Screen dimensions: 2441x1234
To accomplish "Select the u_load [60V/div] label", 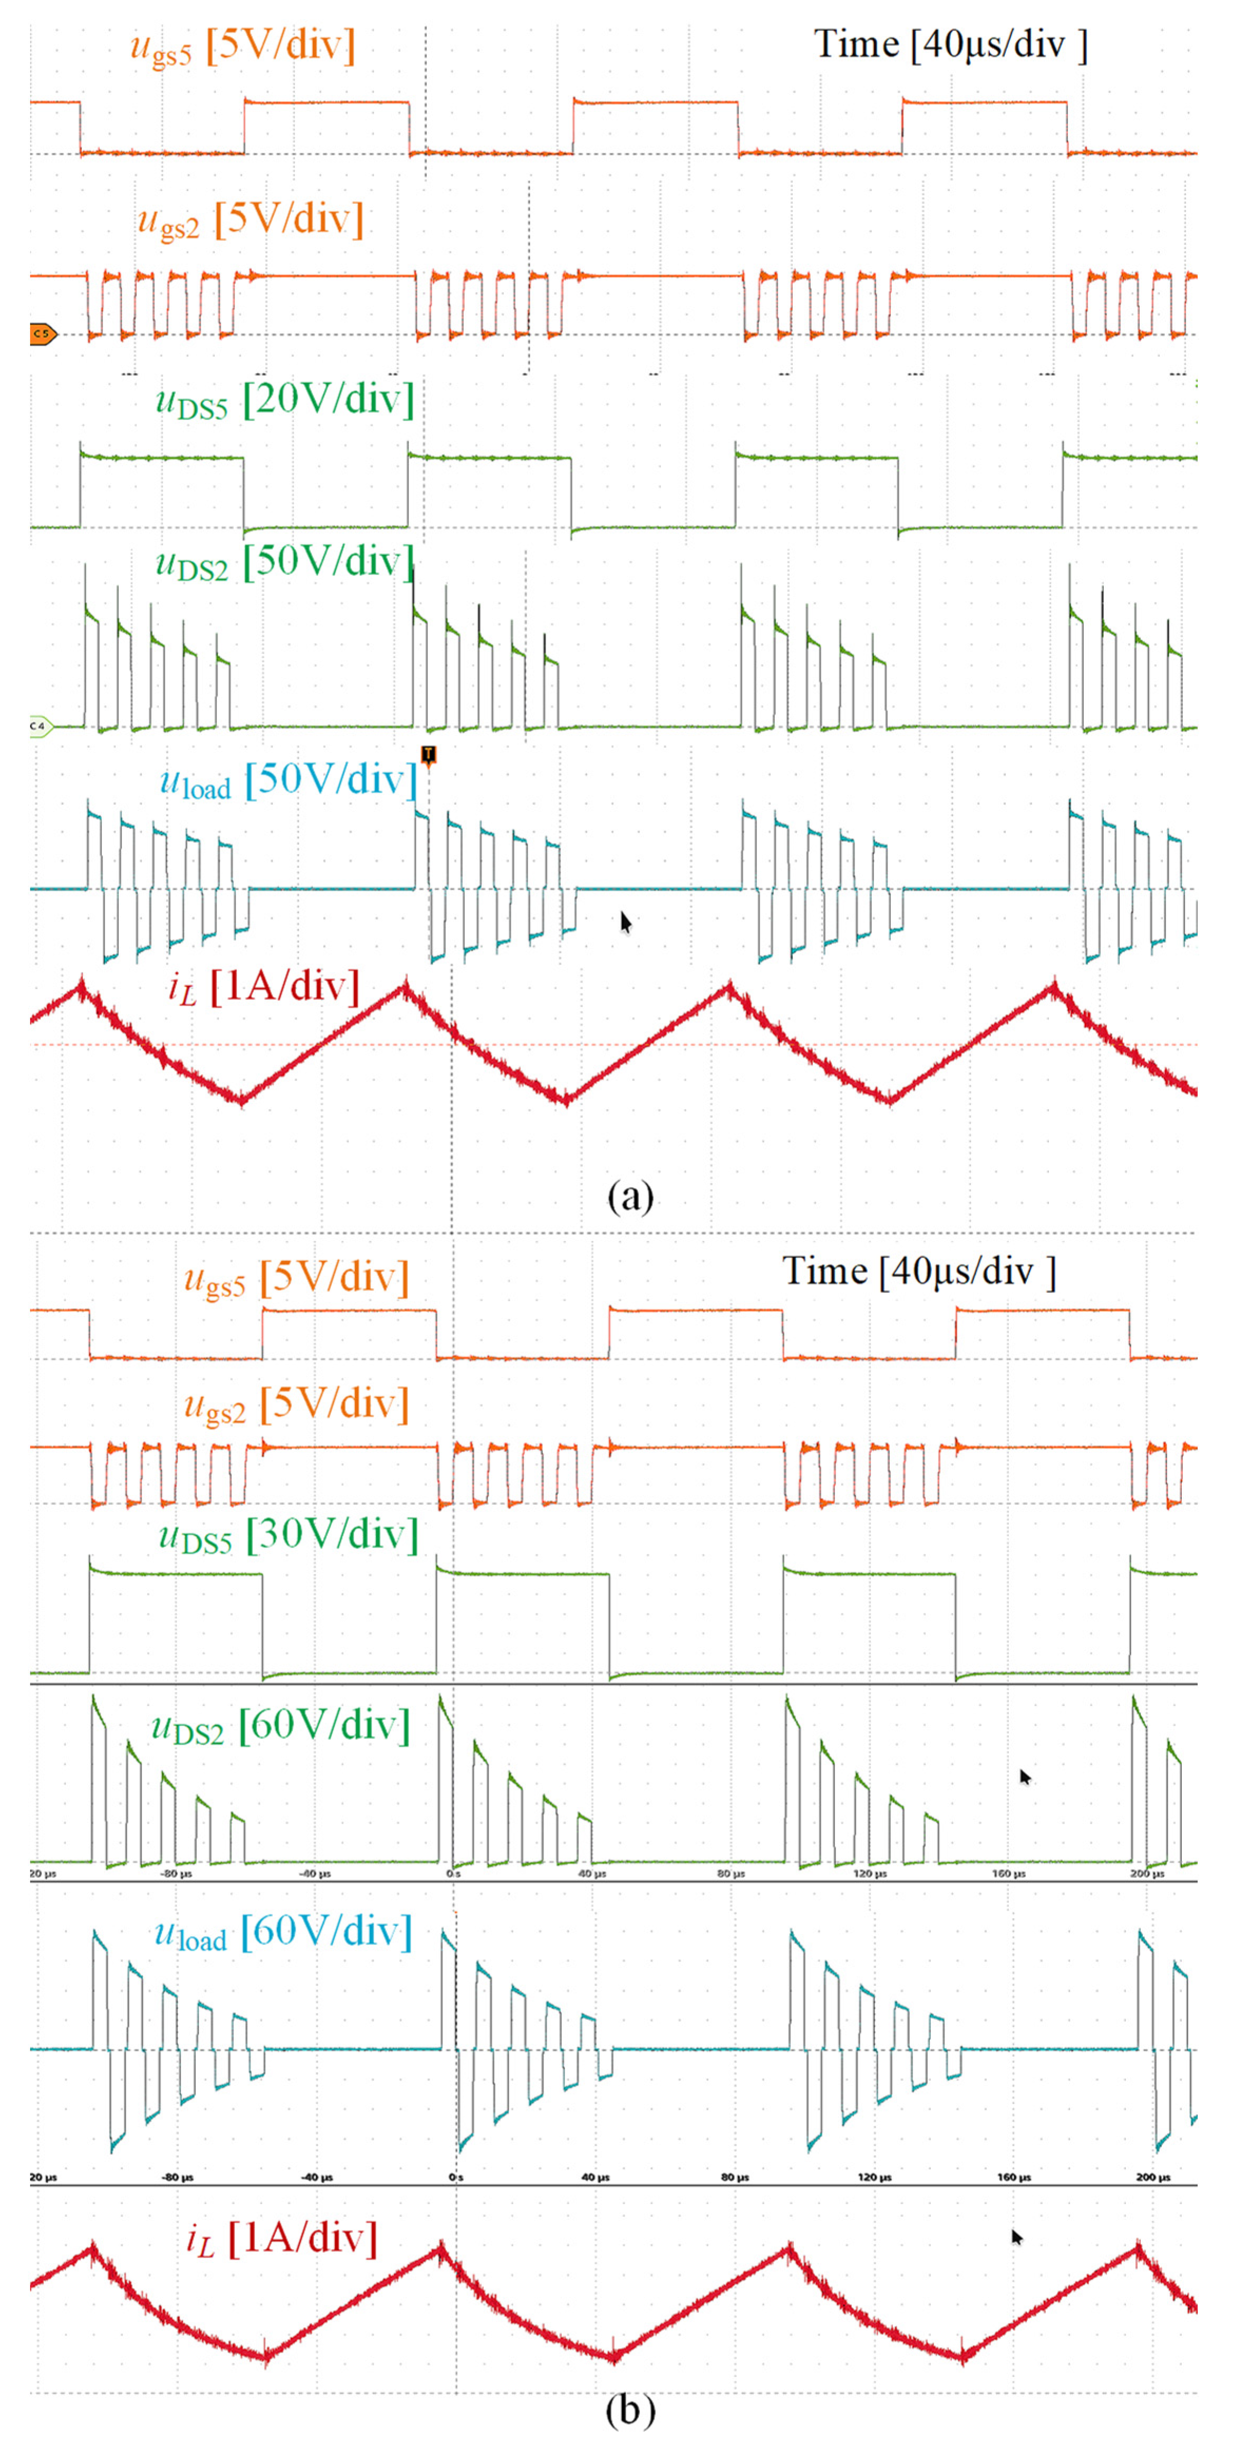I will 284,1933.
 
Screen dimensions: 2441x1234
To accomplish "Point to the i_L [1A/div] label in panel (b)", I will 281,2239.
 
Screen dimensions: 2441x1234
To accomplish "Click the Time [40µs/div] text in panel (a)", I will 950,44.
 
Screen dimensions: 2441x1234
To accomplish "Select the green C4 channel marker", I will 41,727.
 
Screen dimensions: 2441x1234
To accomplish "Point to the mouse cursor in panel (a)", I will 626,921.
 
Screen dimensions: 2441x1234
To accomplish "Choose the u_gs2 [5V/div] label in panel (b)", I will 296,1405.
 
